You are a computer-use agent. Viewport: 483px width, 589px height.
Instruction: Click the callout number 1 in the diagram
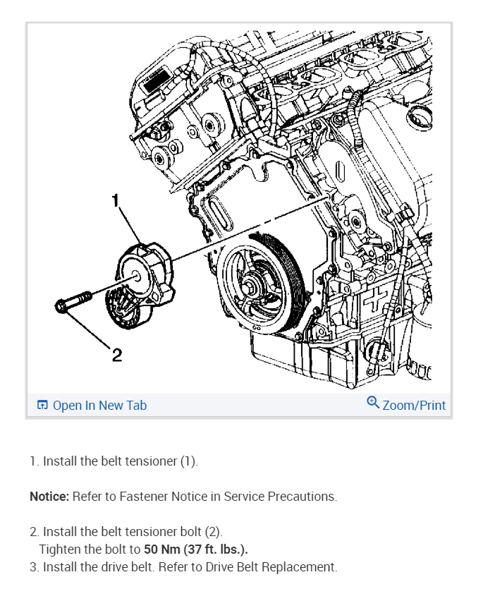pos(115,201)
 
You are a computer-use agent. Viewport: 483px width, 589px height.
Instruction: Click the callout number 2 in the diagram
pos(117,355)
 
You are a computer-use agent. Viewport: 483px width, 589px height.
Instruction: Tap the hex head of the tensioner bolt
pos(61,306)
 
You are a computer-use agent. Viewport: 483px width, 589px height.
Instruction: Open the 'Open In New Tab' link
pos(99,405)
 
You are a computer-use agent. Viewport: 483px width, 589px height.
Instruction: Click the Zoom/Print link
pos(414,405)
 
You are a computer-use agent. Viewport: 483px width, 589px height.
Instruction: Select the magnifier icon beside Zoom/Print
pos(373,403)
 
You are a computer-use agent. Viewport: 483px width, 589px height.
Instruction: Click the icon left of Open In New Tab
pos(42,405)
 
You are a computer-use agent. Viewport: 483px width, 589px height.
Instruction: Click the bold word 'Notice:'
pos(49,497)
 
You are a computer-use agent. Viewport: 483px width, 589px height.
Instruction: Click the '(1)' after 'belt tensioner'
pos(188,461)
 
